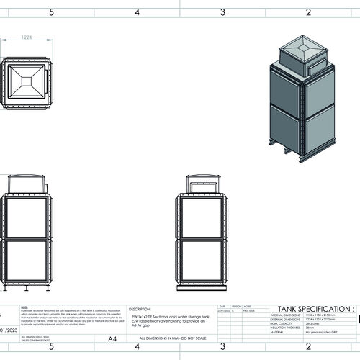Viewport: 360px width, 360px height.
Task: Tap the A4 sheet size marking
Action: pyautogui.click(x=112, y=338)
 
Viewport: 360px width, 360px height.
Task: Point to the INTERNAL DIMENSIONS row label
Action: pyautogui.click(x=287, y=315)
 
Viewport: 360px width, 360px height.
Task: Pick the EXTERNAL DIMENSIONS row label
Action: pyautogui.click(x=287, y=320)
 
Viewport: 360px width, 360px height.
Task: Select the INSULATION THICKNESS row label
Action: pyautogui.click(x=287, y=328)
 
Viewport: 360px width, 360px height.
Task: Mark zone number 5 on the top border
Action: pyautogui.click(x=50, y=12)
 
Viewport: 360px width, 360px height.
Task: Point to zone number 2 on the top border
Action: pyautogui.click(x=308, y=12)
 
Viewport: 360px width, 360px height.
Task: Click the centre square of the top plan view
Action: pyautogui.click(x=27, y=82)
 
